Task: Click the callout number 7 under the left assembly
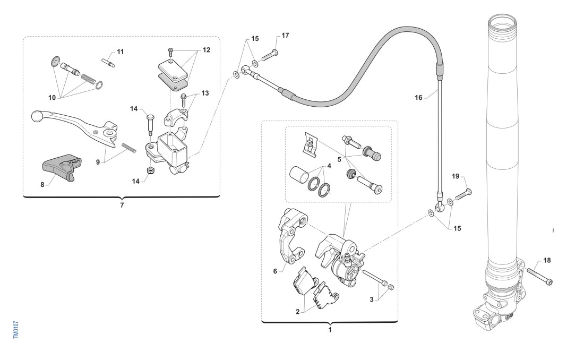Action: coord(122,205)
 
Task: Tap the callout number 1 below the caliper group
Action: coord(330,329)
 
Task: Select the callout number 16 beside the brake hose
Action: coord(419,98)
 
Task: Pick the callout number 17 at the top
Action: coord(285,36)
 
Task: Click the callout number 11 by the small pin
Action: coord(120,52)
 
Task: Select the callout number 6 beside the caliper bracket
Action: coord(276,271)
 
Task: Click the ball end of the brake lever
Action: coord(37,115)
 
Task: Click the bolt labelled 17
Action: coord(270,53)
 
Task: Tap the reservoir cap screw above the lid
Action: coord(170,51)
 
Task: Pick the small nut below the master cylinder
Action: coord(150,171)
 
